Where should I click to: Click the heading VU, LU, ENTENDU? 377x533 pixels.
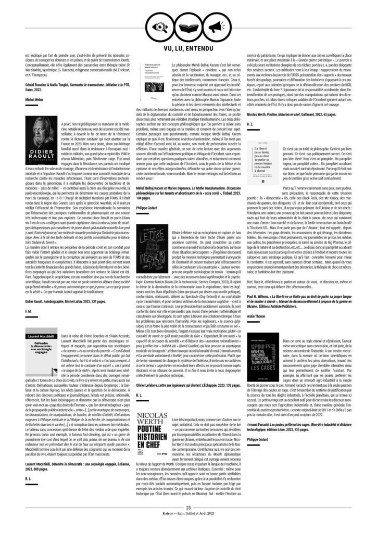(188, 49)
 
